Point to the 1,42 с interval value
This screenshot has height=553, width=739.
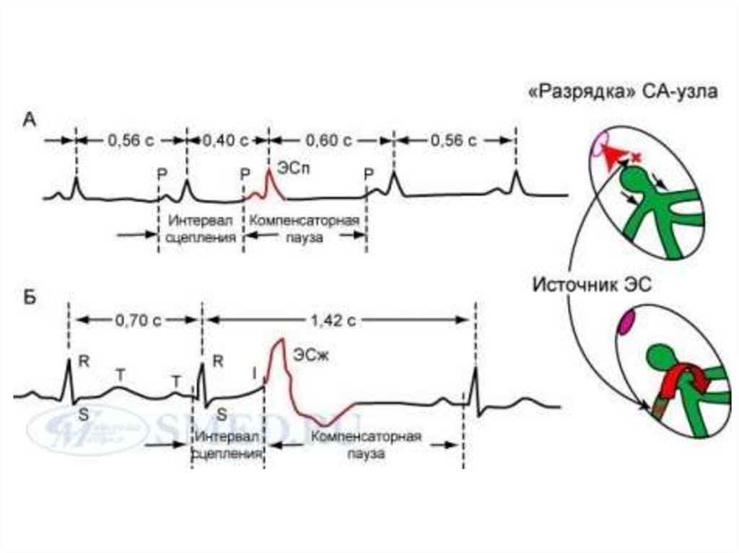[x=339, y=319]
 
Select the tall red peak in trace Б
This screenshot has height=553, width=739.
[x=278, y=346]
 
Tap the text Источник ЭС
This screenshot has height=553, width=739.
[x=592, y=285]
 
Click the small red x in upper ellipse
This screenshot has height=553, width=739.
[x=636, y=156]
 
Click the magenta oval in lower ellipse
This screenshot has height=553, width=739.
[x=624, y=320]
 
